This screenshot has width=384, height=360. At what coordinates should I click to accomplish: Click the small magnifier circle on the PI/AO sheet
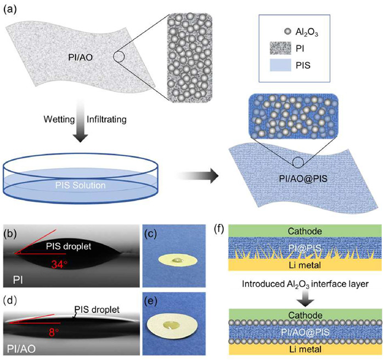tap(121, 57)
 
